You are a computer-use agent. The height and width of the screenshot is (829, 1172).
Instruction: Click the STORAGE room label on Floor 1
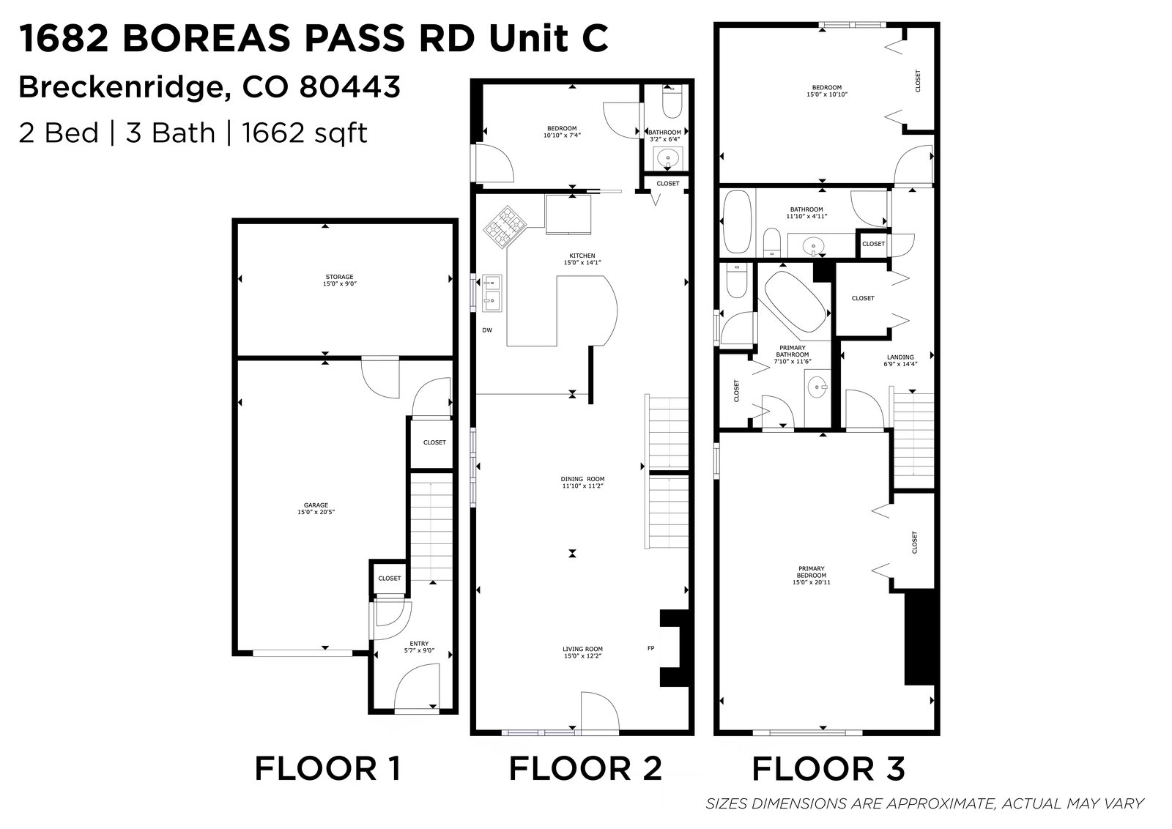pyautogui.click(x=340, y=277)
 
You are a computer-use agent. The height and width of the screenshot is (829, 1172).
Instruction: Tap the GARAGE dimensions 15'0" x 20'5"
pyautogui.click(x=316, y=512)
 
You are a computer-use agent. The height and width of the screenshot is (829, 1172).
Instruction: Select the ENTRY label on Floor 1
pyautogui.click(x=419, y=643)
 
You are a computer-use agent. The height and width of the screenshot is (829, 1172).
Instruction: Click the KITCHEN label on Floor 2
pyautogui.click(x=582, y=256)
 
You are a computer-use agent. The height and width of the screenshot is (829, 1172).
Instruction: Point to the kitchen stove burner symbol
pyautogui.click(x=505, y=228)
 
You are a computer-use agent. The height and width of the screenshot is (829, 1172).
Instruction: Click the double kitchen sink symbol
pyautogui.click(x=492, y=293)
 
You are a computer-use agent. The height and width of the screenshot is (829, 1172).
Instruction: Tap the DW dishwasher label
pyautogui.click(x=487, y=330)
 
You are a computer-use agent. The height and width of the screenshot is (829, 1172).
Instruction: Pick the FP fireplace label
pyautogui.click(x=651, y=648)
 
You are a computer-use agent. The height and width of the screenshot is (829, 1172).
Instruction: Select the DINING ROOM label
pyautogui.click(x=582, y=478)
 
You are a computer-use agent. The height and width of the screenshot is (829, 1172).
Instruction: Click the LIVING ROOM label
pyautogui.click(x=582, y=649)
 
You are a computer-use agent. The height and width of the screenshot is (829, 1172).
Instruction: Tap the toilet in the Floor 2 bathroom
pyautogui.click(x=672, y=101)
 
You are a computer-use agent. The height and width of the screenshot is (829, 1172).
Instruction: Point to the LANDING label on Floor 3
pyautogui.click(x=900, y=357)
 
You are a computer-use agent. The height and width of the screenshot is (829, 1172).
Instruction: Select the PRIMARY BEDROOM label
pyautogui.click(x=812, y=572)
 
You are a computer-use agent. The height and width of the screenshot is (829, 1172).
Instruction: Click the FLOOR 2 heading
pyautogui.click(x=585, y=768)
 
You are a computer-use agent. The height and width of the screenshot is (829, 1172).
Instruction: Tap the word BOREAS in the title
pyautogui.click(x=206, y=39)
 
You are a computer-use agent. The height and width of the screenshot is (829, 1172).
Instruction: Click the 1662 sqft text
pyautogui.click(x=305, y=133)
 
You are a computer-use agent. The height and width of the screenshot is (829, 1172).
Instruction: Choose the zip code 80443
pyautogui.click(x=350, y=87)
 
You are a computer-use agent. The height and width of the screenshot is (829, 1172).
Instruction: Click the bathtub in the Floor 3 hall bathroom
pyautogui.click(x=737, y=223)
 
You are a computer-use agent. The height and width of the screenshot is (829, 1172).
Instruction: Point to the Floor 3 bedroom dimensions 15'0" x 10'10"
pyautogui.click(x=827, y=94)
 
